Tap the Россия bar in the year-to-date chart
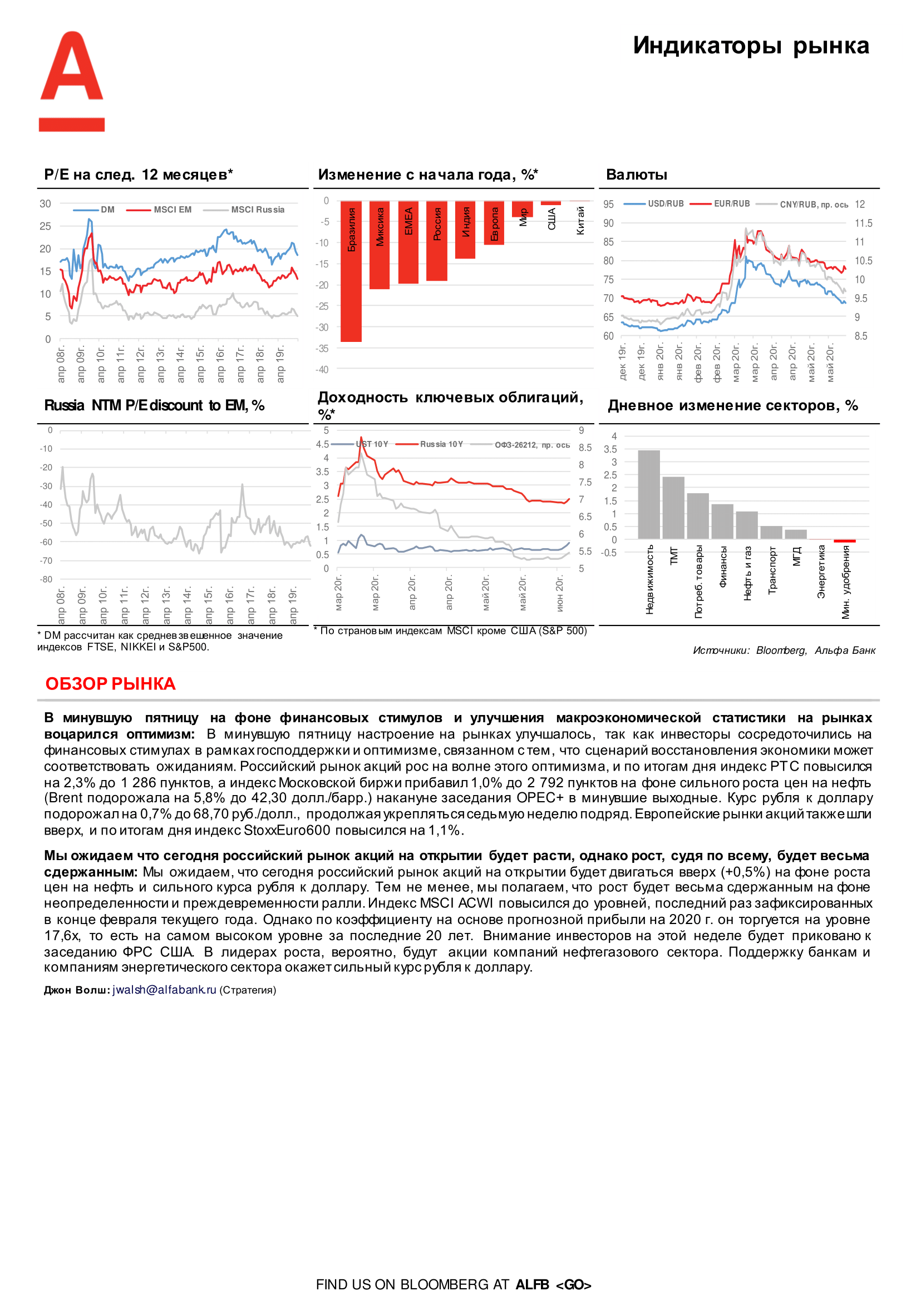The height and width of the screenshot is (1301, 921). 437,241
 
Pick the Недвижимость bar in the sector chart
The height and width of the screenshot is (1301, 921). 648,494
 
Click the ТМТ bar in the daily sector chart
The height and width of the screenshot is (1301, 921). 673,507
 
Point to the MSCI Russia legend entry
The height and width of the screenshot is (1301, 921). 257,210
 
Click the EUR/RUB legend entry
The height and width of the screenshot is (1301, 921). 731,204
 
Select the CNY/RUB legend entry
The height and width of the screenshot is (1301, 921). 813,205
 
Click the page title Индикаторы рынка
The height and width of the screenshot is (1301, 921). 750,46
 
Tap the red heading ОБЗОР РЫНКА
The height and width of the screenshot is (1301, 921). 111,684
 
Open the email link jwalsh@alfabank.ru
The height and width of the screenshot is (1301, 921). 164,990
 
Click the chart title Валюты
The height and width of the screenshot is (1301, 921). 636,175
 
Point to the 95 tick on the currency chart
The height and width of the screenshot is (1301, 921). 608,204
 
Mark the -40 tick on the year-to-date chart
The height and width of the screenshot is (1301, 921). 322,369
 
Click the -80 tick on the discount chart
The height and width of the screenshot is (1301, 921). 46,579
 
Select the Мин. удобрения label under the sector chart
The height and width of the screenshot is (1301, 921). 845,582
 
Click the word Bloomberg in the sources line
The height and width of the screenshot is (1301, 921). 781,650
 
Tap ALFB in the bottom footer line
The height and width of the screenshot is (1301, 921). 532,1284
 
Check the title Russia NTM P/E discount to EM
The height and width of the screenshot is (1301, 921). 154,406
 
